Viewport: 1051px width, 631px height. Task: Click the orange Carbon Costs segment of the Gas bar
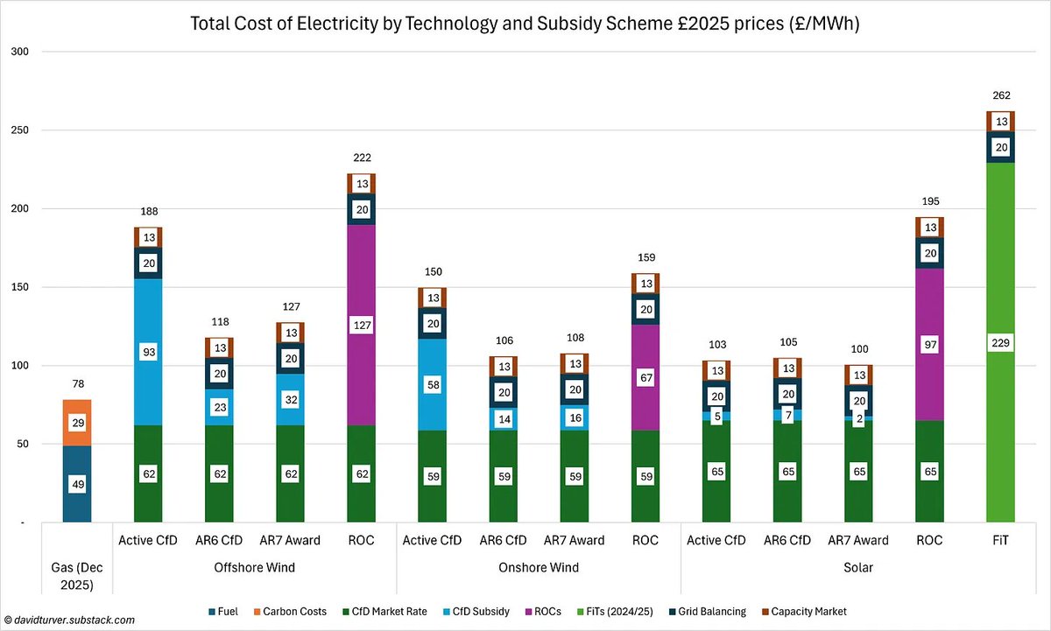[x=77, y=423]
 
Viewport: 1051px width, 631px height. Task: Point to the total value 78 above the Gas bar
[x=77, y=384]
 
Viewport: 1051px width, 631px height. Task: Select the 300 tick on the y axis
[x=19, y=52]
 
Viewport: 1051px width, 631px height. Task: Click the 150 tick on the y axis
[x=19, y=287]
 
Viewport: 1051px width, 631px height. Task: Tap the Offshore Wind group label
[x=255, y=567]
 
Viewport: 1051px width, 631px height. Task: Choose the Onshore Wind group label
[x=539, y=567]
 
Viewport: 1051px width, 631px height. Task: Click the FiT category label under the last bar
[x=1001, y=540]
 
